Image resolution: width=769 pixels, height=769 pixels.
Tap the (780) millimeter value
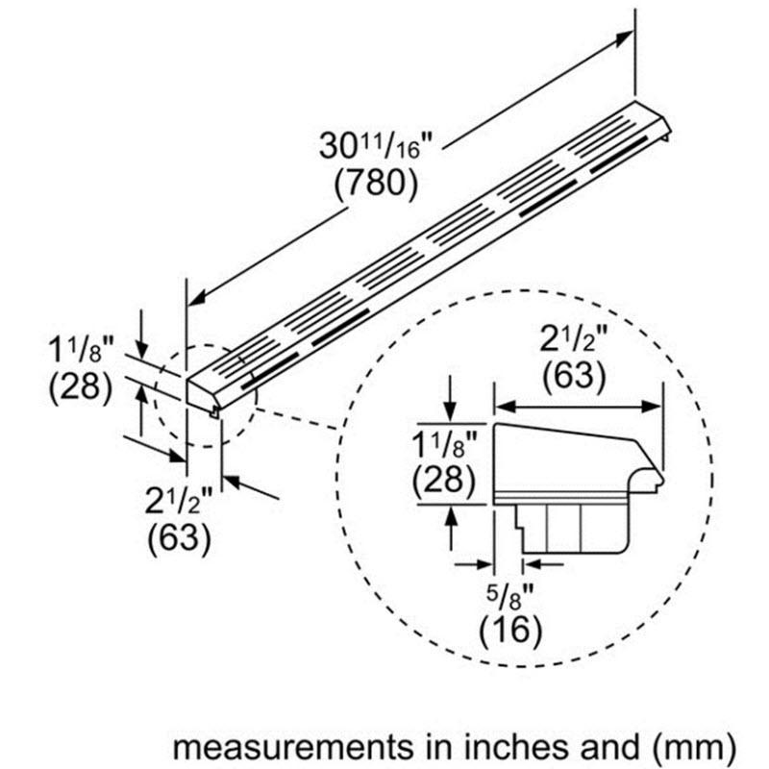tap(376, 183)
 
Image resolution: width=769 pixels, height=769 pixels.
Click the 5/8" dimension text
tap(507, 595)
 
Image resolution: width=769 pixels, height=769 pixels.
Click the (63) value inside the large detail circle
tap(574, 376)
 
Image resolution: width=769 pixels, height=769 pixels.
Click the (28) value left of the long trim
tap(80, 387)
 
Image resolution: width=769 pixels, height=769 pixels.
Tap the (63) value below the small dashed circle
tap(179, 538)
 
